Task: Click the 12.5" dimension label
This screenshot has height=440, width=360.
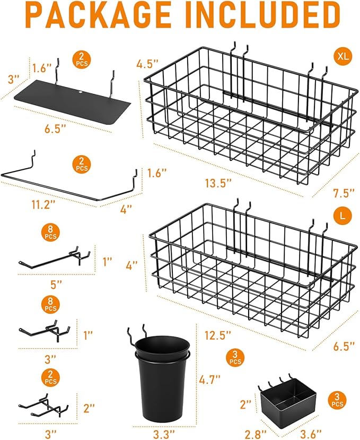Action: click(218, 335)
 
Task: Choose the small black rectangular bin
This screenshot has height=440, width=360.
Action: click(287, 404)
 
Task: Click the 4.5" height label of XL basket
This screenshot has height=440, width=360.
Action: click(147, 64)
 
